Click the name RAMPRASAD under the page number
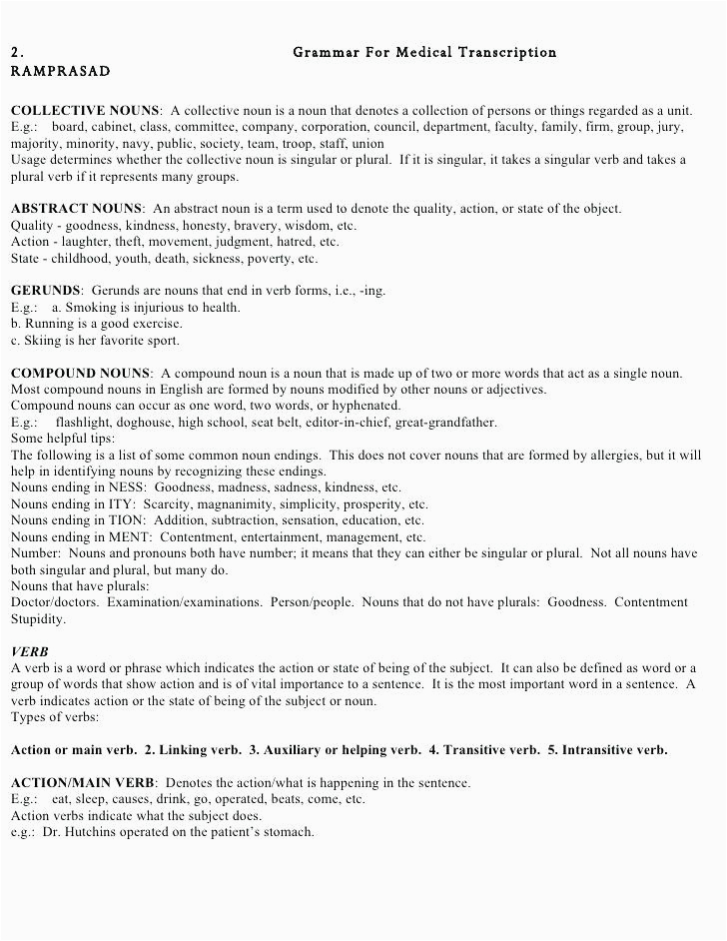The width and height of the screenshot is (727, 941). (60, 72)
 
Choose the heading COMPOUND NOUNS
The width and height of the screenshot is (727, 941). (80, 373)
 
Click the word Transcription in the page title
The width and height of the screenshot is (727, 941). (509, 52)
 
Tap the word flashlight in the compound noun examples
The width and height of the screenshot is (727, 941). (86, 423)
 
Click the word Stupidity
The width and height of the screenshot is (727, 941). (38, 619)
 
